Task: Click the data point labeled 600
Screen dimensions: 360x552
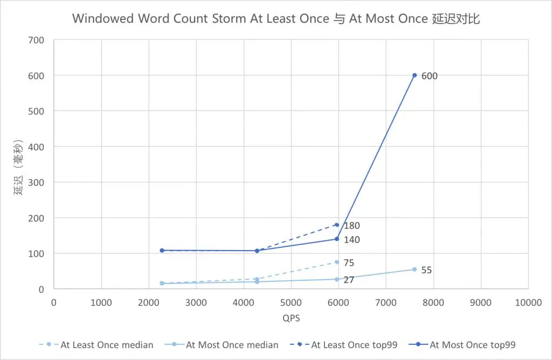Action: pyautogui.click(x=415, y=75)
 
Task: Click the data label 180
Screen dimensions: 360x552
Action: pyautogui.click(x=351, y=226)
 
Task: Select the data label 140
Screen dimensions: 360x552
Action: pyautogui.click(x=351, y=240)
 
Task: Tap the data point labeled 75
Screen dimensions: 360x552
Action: pyautogui.click(x=337, y=262)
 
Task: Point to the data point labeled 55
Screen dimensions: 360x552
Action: pyautogui.click(x=415, y=269)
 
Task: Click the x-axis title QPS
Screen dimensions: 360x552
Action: pyautogui.click(x=291, y=319)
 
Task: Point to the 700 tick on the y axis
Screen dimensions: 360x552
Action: pyautogui.click(x=38, y=40)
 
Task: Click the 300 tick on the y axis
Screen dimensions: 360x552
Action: pyautogui.click(x=38, y=182)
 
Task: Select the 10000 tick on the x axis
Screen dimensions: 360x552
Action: pyautogui.click(x=528, y=303)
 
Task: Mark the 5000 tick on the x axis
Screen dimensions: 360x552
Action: pyautogui.click(x=291, y=303)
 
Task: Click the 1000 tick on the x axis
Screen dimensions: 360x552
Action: pyautogui.click(x=101, y=303)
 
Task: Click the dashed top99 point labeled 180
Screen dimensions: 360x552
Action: pyautogui.click(x=337, y=225)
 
